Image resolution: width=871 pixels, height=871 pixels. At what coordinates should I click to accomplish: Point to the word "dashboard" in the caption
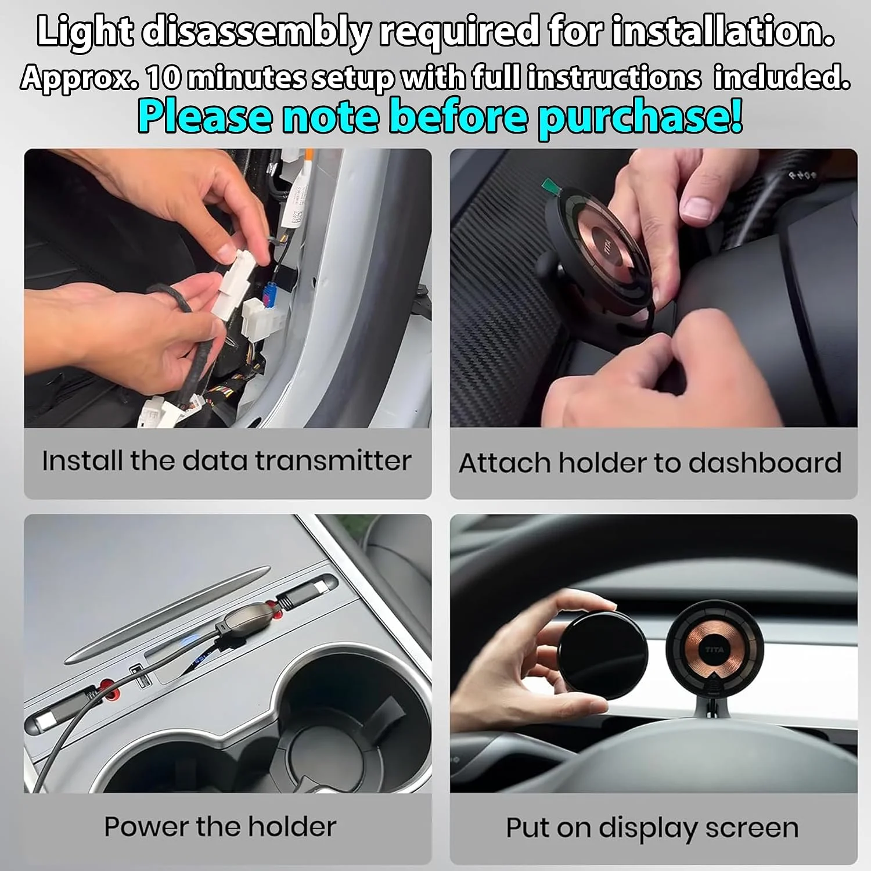click(x=765, y=463)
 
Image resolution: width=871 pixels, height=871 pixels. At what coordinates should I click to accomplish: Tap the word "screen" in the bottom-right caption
click(x=752, y=828)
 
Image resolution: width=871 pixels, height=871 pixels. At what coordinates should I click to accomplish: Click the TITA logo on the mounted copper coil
click(x=714, y=649)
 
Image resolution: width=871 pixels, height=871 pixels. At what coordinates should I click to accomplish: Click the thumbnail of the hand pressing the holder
click(x=653, y=288)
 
